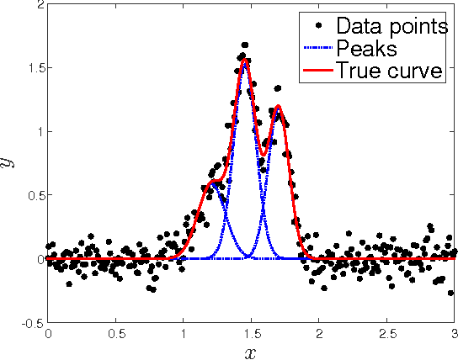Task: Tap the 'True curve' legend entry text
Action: click(x=389, y=71)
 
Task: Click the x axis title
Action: click(x=250, y=352)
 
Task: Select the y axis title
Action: click(x=11, y=163)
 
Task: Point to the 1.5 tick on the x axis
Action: click(x=250, y=333)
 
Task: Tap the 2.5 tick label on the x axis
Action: click(x=386, y=333)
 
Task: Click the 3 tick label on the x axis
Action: click(x=455, y=333)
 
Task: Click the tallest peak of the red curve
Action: click(x=244, y=61)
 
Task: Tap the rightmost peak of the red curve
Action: click(x=277, y=107)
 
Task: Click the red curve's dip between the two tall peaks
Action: click(x=264, y=153)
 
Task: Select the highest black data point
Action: click(x=244, y=45)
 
